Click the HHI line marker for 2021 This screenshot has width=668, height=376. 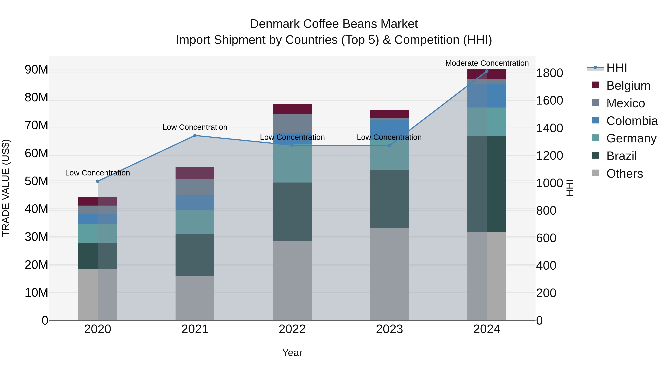click(195, 136)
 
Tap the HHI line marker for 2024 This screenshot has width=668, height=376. click(487, 71)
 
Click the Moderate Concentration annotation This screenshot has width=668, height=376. click(487, 63)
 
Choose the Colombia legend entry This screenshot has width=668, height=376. click(632, 121)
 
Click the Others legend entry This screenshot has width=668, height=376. click(624, 174)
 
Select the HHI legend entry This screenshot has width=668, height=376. click(616, 68)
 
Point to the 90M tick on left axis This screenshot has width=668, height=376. click(36, 70)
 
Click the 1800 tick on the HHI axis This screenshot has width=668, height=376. click(549, 73)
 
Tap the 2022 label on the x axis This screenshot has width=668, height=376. click(292, 329)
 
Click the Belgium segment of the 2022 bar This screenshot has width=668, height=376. click(292, 109)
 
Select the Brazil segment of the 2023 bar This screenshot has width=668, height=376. click(389, 199)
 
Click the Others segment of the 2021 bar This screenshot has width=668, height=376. click(195, 298)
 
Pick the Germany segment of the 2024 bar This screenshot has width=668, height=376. click(487, 121)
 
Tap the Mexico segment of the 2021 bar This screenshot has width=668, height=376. click(195, 187)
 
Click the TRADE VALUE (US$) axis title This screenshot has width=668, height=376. click(6, 188)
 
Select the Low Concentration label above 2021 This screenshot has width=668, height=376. click(195, 127)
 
